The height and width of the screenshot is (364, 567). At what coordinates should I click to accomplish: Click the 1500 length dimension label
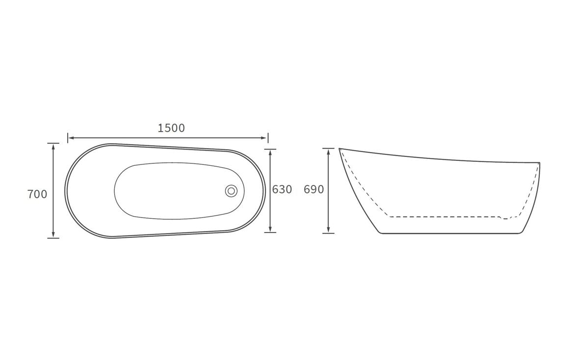tap(171, 128)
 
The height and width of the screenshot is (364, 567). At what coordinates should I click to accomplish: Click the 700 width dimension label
tap(37, 194)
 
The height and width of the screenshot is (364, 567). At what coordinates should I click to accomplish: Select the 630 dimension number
tap(282, 189)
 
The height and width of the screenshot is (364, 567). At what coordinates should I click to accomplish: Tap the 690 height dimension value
tap(314, 189)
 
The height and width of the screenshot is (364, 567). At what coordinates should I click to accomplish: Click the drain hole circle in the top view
tap(231, 191)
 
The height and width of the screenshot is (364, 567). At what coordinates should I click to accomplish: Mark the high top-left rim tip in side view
tap(340, 149)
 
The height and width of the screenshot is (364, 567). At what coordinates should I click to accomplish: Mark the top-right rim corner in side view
tap(539, 162)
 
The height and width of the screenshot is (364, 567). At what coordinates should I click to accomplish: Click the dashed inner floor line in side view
tap(441, 216)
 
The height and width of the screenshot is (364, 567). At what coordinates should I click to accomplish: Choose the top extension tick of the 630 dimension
tap(270, 149)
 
